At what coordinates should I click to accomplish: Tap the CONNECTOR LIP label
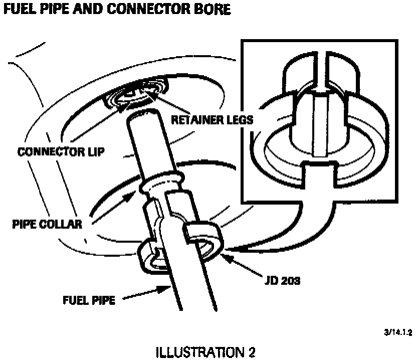pyautogui.click(x=61, y=151)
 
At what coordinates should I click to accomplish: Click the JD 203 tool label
pyautogui.click(x=283, y=281)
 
